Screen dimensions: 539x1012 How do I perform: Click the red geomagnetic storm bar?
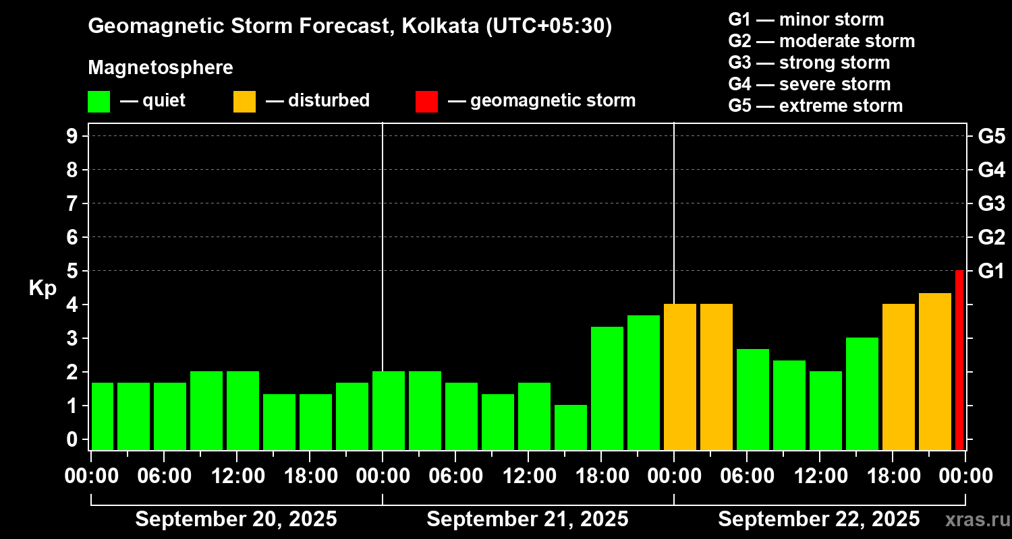pyautogui.click(x=959, y=360)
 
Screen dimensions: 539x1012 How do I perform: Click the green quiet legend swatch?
pyautogui.click(x=99, y=101)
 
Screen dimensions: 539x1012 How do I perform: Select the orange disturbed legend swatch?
pyautogui.click(x=244, y=101)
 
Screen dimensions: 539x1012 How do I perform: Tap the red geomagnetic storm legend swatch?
pyautogui.click(x=426, y=101)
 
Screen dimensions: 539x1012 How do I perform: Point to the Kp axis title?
pyautogui.click(x=43, y=288)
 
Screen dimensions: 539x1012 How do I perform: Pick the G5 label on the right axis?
pyautogui.click(x=991, y=136)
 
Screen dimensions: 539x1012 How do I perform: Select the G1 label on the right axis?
pyautogui.click(x=991, y=271)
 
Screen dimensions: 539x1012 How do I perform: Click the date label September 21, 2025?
pyautogui.click(x=528, y=519)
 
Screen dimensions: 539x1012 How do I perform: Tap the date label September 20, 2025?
pyautogui.click(x=236, y=519)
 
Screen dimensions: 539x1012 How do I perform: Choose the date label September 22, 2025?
pyautogui.click(x=818, y=519)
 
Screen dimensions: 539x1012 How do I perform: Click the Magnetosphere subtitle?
pyautogui.click(x=161, y=68)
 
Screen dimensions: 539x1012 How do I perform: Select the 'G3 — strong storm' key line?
pyautogui.click(x=809, y=63)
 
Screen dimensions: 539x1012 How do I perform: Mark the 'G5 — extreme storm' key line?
pyautogui.click(x=815, y=106)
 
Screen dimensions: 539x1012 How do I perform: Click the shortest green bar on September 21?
pyautogui.click(x=571, y=427)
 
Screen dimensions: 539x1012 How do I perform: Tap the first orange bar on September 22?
pyautogui.click(x=680, y=377)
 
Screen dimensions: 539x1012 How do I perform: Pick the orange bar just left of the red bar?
pyautogui.click(x=935, y=371)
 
